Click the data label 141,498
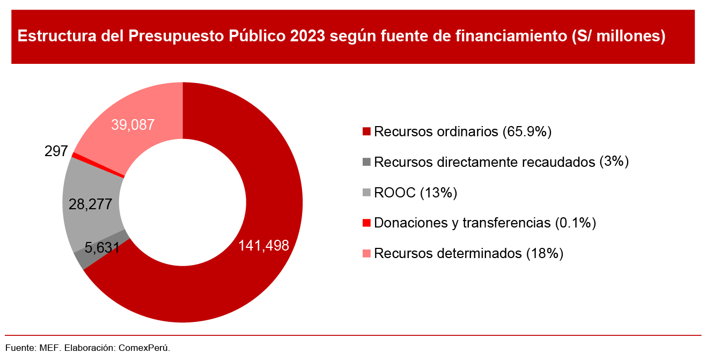tap(264, 246)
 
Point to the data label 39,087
tap(133, 125)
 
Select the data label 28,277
tap(90, 204)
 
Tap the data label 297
tap(56, 152)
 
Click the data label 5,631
tap(102, 247)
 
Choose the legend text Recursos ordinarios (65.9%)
tap(463, 131)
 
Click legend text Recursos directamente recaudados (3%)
tap(501, 162)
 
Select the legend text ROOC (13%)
tap(415, 193)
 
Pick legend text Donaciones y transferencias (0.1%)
tap(485, 223)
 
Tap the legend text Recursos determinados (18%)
tap(468, 253)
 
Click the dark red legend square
tap(367, 131)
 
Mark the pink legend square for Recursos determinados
tap(367, 253)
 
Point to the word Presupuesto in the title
tap(177, 36)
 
